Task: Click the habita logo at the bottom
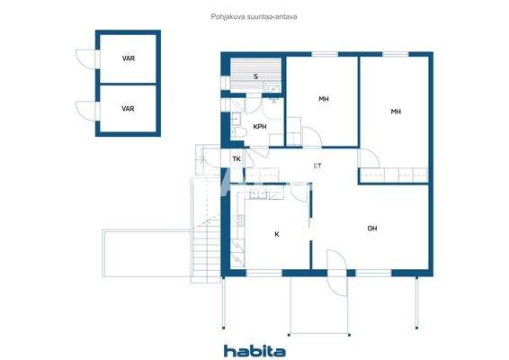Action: coord(254,351)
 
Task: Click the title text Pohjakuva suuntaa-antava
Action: coord(254,15)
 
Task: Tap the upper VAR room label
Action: coord(128,58)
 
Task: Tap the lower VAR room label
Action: coord(128,109)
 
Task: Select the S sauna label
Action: coord(255,77)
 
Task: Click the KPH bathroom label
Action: coord(260,127)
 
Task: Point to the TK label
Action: coord(237,160)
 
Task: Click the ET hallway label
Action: coord(317,166)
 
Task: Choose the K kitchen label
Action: coord(277,234)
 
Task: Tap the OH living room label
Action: coord(371,229)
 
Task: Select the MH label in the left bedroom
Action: coord(324,99)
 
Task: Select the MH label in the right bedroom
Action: coord(396,112)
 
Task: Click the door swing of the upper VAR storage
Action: coord(85,58)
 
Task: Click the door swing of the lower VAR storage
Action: coord(85,110)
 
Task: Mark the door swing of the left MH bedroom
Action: coord(308,138)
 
